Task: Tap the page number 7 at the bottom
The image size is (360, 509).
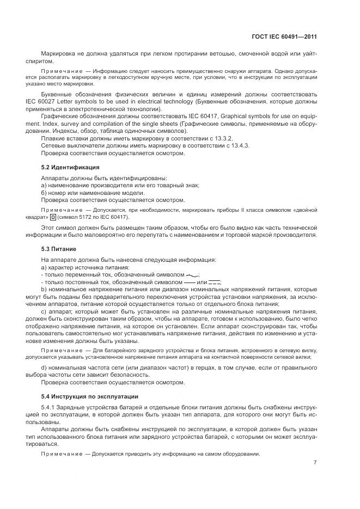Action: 315,463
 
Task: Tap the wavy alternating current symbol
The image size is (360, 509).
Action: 192,275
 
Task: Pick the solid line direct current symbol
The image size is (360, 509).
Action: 188,283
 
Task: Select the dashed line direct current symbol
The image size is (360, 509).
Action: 214,283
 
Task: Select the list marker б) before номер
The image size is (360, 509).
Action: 44,193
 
